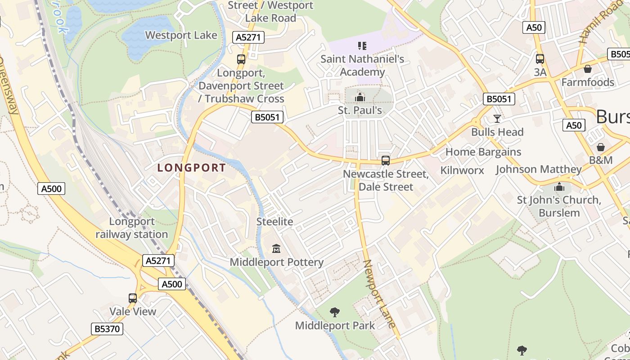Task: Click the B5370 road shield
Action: [x=108, y=329]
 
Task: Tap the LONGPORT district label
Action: [x=192, y=168]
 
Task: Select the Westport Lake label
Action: [x=181, y=35]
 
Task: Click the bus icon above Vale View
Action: [x=133, y=298]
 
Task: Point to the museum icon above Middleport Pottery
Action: [x=276, y=248]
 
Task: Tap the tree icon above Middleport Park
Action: [x=334, y=312]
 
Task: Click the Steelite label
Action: [x=274, y=221]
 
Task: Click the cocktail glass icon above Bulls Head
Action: [x=497, y=118]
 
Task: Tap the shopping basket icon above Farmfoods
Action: [x=587, y=69]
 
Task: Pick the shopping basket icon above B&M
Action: [x=601, y=147]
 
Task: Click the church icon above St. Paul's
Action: [x=360, y=97]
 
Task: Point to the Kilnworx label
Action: [x=462, y=170]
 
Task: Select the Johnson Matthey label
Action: [x=539, y=170]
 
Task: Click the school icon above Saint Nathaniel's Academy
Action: [x=362, y=45]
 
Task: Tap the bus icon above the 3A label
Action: [x=540, y=58]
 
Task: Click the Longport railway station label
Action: [x=132, y=228]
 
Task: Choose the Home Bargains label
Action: [x=483, y=152]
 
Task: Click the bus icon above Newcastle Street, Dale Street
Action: [x=386, y=160]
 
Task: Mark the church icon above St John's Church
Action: [x=559, y=187]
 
